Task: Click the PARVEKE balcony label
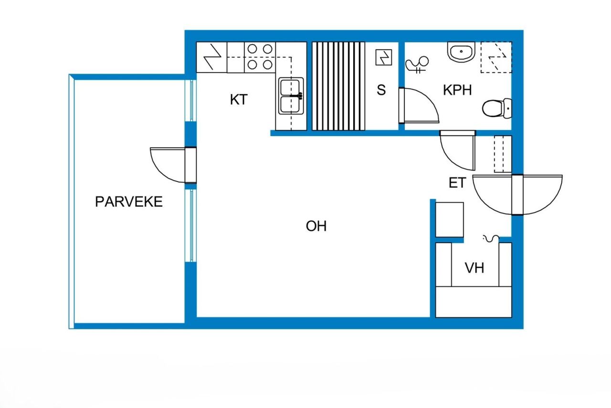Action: pyautogui.click(x=128, y=202)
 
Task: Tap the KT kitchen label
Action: pyautogui.click(x=239, y=100)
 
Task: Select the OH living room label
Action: pyautogui.click(x=316, y=226)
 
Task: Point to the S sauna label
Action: pyautogui.click(x=381, y=90)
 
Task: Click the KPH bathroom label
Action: pyautogui.click(x=457, y=90)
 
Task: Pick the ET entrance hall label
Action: pyautogui.click(x=457, y=183)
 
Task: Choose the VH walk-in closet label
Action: pyautogui.click(x=474, y=268)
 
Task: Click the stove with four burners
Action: pyautogui.click(x=259, y=56)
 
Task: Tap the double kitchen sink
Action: pyautogui.click(x=291, y=96)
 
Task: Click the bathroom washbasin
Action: pyautogui.click(x=461, y=52)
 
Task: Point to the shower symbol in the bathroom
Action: pyautogui.click(x=417, y=64)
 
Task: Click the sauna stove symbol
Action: pyautogui.click(x=384, y=58)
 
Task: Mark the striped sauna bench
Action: pyautogui.click(x=338, y=86)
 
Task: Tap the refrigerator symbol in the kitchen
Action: pyautogui.click(x=211, y=57)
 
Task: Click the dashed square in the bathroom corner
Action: pyautogui.click(x=495, y=57)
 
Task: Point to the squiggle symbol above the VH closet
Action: pyautogui.click(x=491, y=237)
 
